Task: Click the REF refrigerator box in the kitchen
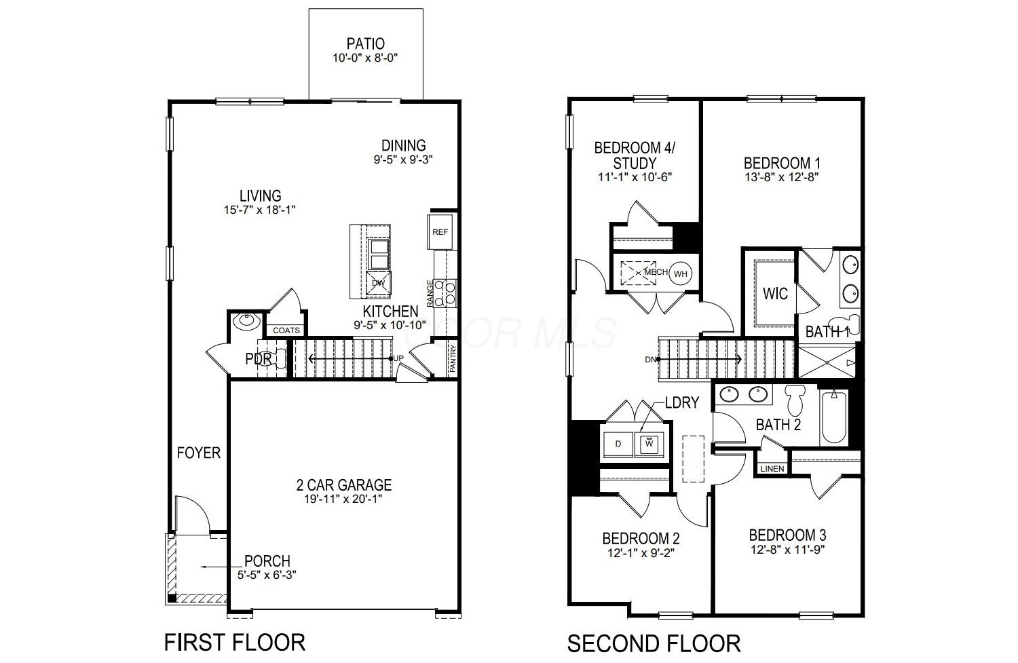pos(440,232)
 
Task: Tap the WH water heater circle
pos(680,273)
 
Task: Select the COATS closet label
pos(286,330)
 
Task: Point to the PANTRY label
pos(452,359)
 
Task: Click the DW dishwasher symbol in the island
pos(378,283)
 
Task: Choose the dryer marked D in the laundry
pos(618,444)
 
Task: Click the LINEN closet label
pos(772,468)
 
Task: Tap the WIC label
pos(775,294)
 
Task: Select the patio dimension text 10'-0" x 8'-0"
pos(365,58)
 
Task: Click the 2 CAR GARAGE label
pos(344,485)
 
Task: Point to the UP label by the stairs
pos(398,358)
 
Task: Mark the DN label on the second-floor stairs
pos(650,360)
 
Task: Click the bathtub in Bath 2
pos(834,417)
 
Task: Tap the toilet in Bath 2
pos(795,399)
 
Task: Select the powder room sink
pos(246,321)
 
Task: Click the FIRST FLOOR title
pos(235,643)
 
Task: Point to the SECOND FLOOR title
pos(654,644)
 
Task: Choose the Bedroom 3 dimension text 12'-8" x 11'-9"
pos(787,550)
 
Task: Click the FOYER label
pos(199,453)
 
